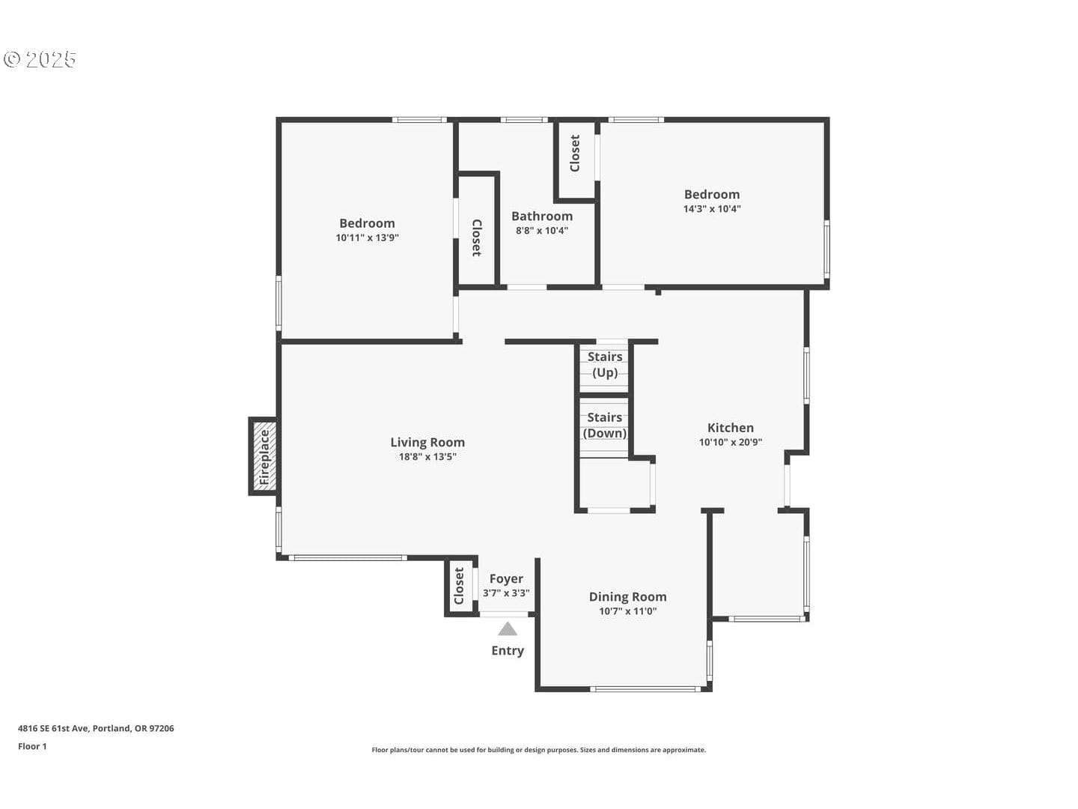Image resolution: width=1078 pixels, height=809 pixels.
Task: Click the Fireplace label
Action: click(264, 457)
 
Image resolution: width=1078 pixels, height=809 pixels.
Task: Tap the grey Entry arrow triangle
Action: click(508, 629)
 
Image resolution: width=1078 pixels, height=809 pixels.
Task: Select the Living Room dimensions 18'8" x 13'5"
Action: click(427, 457)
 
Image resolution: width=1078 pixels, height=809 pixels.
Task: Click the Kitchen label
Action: click(731, 428)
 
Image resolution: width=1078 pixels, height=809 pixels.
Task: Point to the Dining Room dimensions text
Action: click(627, 611)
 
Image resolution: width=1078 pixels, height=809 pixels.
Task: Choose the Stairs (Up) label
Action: click(605, 365)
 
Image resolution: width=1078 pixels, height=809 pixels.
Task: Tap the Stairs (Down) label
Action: click(605, 425)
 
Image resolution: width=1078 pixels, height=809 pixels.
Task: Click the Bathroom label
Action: click(542, 216)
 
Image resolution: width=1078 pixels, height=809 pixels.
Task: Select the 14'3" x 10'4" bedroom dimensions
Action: click(712, 209)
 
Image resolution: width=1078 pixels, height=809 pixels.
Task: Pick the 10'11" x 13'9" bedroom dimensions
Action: click(367, 237)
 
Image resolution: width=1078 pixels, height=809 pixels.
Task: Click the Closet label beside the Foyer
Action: click(459, 586)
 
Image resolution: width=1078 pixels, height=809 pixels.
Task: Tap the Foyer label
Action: click(506, 578)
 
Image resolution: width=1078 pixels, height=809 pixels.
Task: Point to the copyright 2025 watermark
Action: click(39, 59)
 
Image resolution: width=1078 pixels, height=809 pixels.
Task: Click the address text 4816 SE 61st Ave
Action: click(54, 728)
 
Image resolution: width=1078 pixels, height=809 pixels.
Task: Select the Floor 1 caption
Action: click(32, 746)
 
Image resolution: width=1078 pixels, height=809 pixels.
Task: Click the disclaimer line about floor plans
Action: click(539, 750)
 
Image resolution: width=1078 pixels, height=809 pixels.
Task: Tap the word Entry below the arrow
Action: click(508, 650)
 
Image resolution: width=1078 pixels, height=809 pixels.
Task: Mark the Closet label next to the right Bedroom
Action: click(575, 154)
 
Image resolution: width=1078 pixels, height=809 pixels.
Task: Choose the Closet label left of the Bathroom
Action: click(476, 237)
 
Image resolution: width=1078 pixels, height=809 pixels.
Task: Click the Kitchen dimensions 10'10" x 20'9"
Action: click(731, 442)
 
